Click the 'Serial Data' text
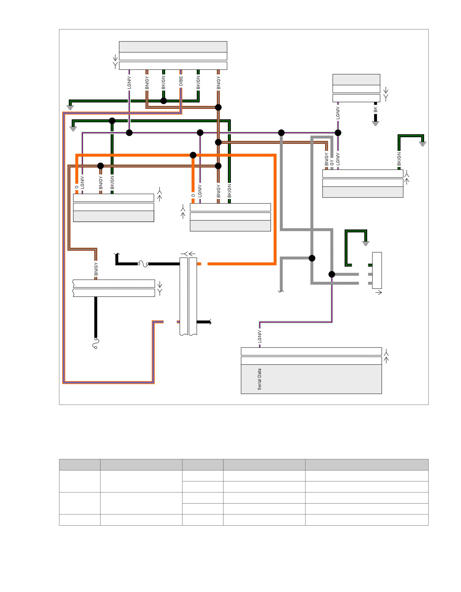point(260,379)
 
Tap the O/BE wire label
point(181,81)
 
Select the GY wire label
point(332,162)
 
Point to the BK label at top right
point(376,109)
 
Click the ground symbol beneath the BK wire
point(376,124)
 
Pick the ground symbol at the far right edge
point(423,144)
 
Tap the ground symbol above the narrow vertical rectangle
point(366,243)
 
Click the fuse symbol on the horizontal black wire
point(143,264)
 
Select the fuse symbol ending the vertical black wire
point(96,343)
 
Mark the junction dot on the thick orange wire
point(193,155)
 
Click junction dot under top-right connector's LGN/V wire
point(338,133)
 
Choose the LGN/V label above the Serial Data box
point(260,336)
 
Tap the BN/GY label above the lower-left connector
point(96,269)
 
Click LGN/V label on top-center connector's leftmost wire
point(129,82)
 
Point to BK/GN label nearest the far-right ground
point(399,159)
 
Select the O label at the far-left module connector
point(77,187)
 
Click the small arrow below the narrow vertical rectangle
point(378,292)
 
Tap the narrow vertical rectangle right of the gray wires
point(377,270)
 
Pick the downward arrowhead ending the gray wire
point(281,291)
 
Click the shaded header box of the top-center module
point(173,47)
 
